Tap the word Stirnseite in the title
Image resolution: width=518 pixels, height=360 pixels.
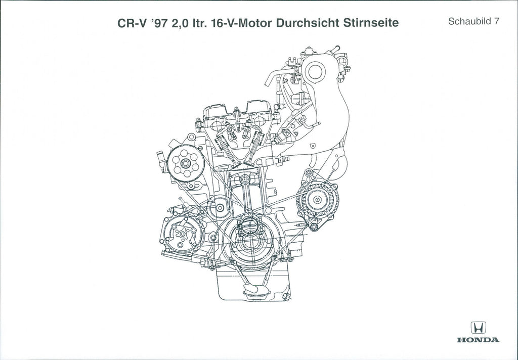click(371, 23)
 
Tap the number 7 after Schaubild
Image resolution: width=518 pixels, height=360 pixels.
click(496, 21)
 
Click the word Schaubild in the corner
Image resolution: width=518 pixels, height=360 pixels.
click(469, 21)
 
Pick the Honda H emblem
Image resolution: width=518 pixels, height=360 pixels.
click(479, 328)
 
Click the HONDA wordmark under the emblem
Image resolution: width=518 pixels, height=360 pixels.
click(478, 340)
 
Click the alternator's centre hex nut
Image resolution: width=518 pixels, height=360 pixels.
click(317, 200)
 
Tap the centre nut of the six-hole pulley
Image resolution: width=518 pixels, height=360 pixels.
click(185, 163)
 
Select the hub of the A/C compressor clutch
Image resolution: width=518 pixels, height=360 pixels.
click(182, 233)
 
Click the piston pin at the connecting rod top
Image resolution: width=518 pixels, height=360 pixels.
click(244, 179)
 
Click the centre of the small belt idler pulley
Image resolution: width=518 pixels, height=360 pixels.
click(219, 208)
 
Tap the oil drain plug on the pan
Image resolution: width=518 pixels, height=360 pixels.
click(287, 297)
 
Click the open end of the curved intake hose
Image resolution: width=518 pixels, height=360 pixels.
click(267, 81)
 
